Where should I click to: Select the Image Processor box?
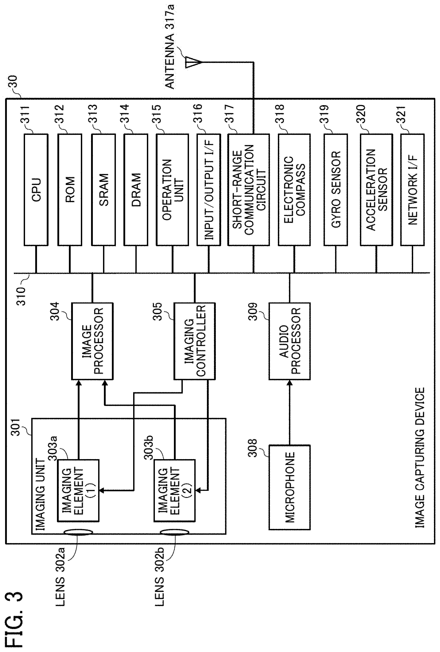pos(92,341)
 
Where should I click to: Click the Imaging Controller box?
pos(195,341)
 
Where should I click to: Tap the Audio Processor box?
pos(290,341)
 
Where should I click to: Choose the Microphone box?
pos(290,487)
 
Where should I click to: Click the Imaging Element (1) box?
pos(78,490)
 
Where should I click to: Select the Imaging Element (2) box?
pos(175,490)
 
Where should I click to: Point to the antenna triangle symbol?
pos(193,62)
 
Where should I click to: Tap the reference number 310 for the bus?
pos(21,296)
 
